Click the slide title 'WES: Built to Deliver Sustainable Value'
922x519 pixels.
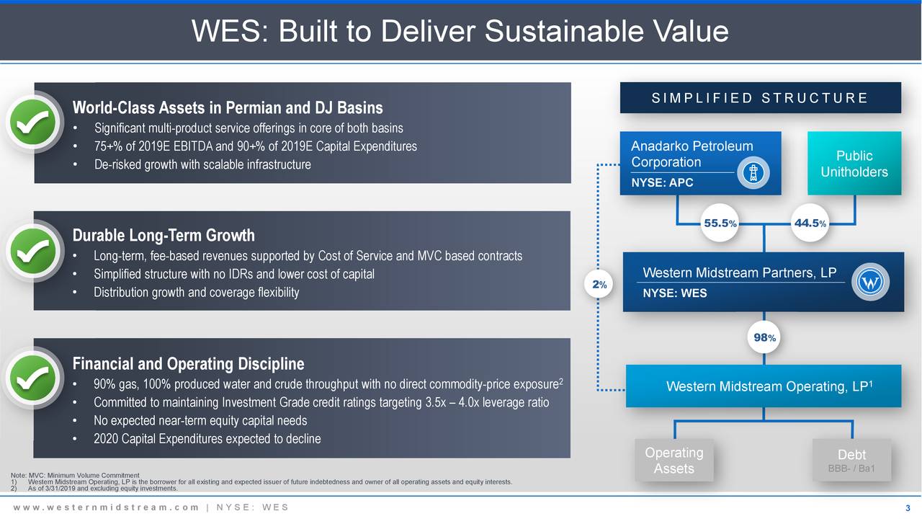(460, 31)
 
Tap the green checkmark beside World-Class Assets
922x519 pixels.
(33, 124)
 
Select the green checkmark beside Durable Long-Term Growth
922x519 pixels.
(33, 252)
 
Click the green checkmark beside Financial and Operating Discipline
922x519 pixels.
(33, 379)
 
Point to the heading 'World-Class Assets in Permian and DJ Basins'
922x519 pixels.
(228, 108)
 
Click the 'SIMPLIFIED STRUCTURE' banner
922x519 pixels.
(760, 98)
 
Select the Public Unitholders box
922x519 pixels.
(854, 164)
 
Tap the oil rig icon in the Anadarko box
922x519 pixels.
(753, 174)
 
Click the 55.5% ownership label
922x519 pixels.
(720, 223)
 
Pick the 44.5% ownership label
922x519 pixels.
(809, 223)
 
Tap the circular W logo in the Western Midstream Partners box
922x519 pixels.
(872, 281)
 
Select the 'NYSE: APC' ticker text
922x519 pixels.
(662, 183)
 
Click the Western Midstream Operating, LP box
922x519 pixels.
(764, 386)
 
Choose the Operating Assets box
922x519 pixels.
(674, 461)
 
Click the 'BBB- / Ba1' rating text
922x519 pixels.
(852, 469)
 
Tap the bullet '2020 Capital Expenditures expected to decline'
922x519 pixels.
(207, 439)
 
